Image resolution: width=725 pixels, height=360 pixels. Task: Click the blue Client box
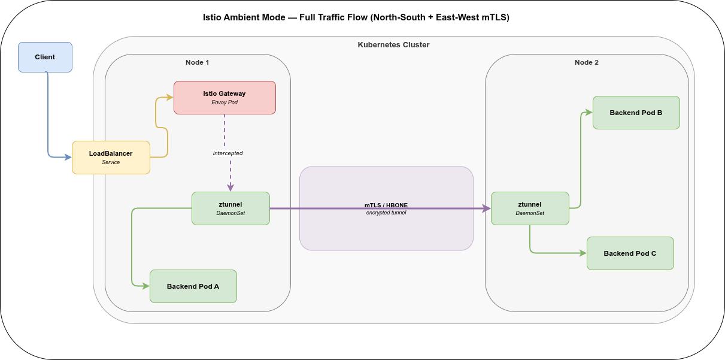[45, 57]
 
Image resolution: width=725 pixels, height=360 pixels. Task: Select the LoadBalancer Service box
[111, 158]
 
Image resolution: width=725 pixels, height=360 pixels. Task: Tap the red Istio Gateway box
[225, 98]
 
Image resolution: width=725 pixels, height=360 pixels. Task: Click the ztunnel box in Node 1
[230, 208]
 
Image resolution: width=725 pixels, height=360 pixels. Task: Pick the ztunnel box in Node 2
[530, 208]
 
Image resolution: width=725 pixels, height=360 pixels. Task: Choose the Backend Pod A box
[193, 286]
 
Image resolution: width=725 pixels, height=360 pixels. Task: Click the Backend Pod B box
[636, 113]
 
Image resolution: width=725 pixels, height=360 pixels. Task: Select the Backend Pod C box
[630, 253]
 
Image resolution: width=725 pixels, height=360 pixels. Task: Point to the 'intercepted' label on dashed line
[227, 153]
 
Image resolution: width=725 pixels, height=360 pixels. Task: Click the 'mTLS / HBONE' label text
[386, 205]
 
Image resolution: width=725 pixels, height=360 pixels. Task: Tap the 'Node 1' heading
[197, 62]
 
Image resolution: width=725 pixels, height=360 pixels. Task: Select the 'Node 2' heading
[586, 62]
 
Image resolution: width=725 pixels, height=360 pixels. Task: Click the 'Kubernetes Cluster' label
[393, 45]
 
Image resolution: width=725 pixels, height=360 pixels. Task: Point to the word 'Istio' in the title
[214, 17]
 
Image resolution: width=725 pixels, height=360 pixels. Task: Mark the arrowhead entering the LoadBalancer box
[68, 158]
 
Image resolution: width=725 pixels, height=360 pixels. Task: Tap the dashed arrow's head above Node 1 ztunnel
[230, 187]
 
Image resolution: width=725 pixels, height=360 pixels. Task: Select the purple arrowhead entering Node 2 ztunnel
[487, 208]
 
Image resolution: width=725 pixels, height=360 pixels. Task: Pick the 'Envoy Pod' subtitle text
[225, 102]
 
